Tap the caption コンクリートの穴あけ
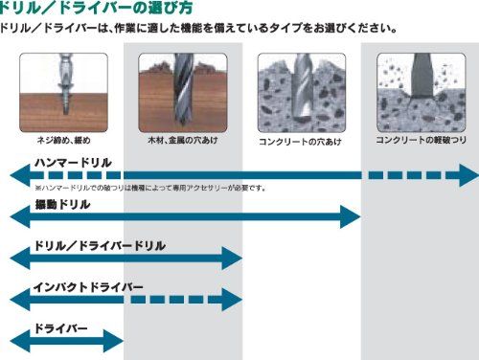coord(300,142)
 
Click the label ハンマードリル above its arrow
coord(73,163)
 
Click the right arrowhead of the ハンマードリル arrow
coord(467,175)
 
